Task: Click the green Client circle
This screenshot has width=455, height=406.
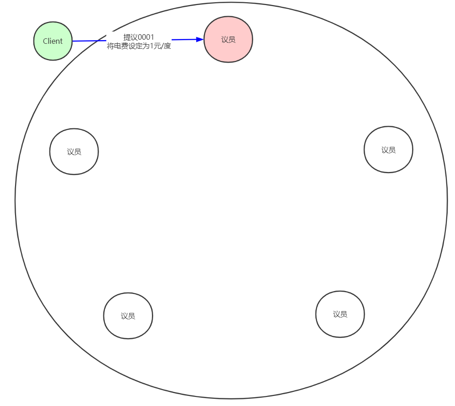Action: tap(53, 41)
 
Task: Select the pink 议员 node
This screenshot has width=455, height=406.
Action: tap(228, 40)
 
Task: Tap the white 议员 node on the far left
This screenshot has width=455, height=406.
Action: tap(74, 151)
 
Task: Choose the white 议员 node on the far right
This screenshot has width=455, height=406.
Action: tap(388, 150)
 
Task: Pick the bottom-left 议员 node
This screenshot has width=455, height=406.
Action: tap(128, 316)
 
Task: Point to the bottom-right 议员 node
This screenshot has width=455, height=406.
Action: tap(340, 314)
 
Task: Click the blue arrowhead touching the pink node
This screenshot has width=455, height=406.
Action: tap(199, 40)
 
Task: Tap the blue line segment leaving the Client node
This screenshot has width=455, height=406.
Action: tap(89, 41)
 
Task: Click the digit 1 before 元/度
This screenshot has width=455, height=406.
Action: tap(152, 46)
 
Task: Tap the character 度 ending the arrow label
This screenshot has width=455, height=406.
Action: tap(167, 46)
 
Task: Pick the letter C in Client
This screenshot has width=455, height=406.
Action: tap(45, 41)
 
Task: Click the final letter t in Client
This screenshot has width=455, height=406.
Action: tap(61, 41)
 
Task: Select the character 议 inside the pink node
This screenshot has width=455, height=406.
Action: tap(225, 40)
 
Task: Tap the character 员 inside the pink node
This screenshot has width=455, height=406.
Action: tap(232, 40)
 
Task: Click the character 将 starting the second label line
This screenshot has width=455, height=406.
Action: tap(110, 46)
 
